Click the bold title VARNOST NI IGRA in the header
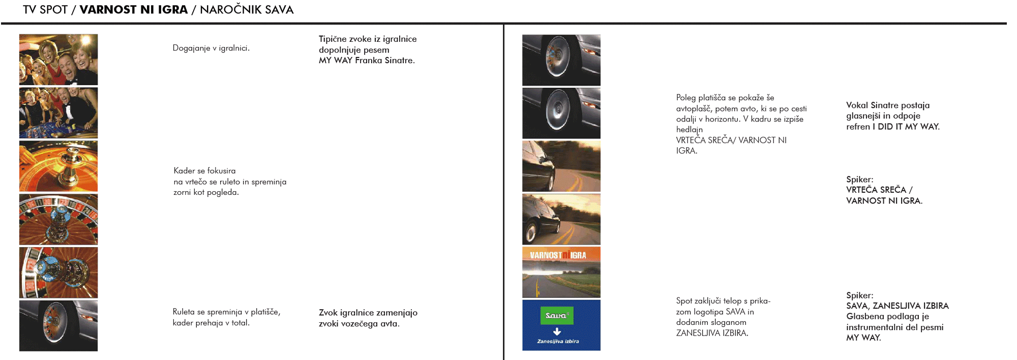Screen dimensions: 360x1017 pos(133,10)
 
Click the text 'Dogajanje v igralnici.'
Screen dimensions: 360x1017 pos(211,48)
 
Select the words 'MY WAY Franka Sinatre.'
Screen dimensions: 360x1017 pos(367,61)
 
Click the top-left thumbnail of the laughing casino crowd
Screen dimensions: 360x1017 pos(58,59)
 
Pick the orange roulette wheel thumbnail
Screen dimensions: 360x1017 pos(58,166)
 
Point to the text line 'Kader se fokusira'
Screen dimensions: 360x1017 pos(204,171)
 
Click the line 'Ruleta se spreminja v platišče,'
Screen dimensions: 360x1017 pos(226,312)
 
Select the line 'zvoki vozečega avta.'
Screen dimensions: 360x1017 pos(359,323)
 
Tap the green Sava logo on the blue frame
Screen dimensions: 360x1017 pos(556,316)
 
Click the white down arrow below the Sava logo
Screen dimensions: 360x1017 pos(557,332)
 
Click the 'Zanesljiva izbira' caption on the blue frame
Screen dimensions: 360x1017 pos(558,341)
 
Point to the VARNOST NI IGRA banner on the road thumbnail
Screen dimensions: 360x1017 pos(558,255)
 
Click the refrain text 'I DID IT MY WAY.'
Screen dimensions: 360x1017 pos(908,127)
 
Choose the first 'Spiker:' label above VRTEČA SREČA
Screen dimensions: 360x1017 pos(859,179)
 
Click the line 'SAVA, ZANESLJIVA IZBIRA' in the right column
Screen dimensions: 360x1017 pos(897,306)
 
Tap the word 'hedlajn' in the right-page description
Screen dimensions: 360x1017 pos(689,130)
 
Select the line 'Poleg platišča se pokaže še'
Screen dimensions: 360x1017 pos(725,98)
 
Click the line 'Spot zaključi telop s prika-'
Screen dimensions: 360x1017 pos(723,301)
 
